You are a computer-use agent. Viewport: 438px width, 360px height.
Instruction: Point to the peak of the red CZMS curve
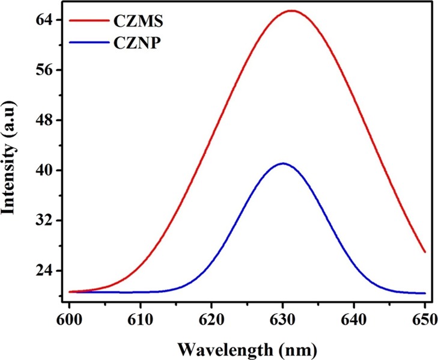tap(291, 11)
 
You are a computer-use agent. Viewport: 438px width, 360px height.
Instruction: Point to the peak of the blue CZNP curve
tap(283, 163)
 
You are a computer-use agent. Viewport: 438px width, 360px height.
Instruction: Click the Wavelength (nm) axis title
tap(246, 347)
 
